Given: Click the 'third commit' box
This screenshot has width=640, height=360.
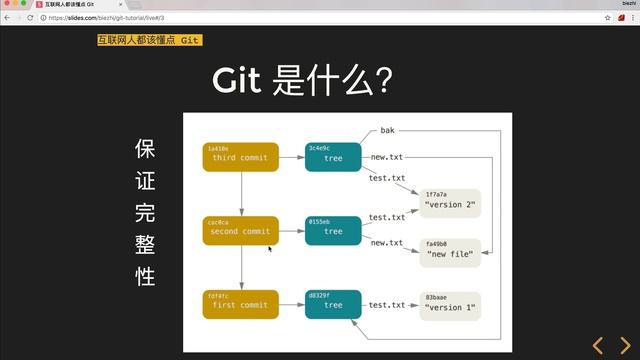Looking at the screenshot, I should point(241,157).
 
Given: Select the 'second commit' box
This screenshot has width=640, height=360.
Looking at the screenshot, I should point(241,231).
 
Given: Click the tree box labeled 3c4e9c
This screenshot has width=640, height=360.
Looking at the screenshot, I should point(333,157).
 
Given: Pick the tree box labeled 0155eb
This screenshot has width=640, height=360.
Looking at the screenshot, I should point(333,231).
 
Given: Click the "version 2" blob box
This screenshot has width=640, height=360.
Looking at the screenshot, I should point(450,204).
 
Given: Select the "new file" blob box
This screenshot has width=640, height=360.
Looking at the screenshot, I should point(450,252).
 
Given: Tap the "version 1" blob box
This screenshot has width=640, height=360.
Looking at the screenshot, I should point(450,305).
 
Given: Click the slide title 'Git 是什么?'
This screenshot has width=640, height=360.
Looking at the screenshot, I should point(299,81).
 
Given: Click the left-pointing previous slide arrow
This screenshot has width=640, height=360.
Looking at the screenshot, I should point(598,346).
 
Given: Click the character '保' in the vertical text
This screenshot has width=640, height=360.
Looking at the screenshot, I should point(145,149).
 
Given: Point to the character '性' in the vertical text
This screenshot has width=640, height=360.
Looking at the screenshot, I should point(145,277).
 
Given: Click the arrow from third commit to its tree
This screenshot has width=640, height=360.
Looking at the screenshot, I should point(291,157).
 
